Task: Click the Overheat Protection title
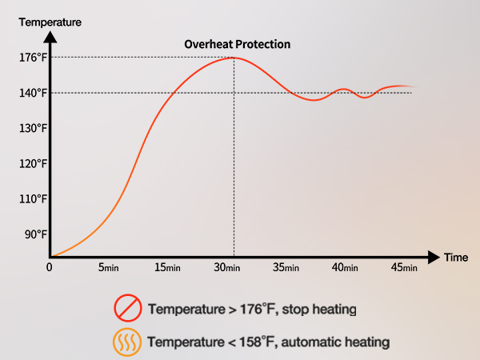coord(238,44)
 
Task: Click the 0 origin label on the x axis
coord(50,267)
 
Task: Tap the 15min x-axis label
coord(167,267)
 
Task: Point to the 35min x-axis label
coord(286,267)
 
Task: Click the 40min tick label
coord(345,267)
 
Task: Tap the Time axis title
coord(456,258)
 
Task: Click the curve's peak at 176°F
coord(233,58)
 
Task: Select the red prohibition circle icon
coord(127,308)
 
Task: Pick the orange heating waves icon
coord(127,342)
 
